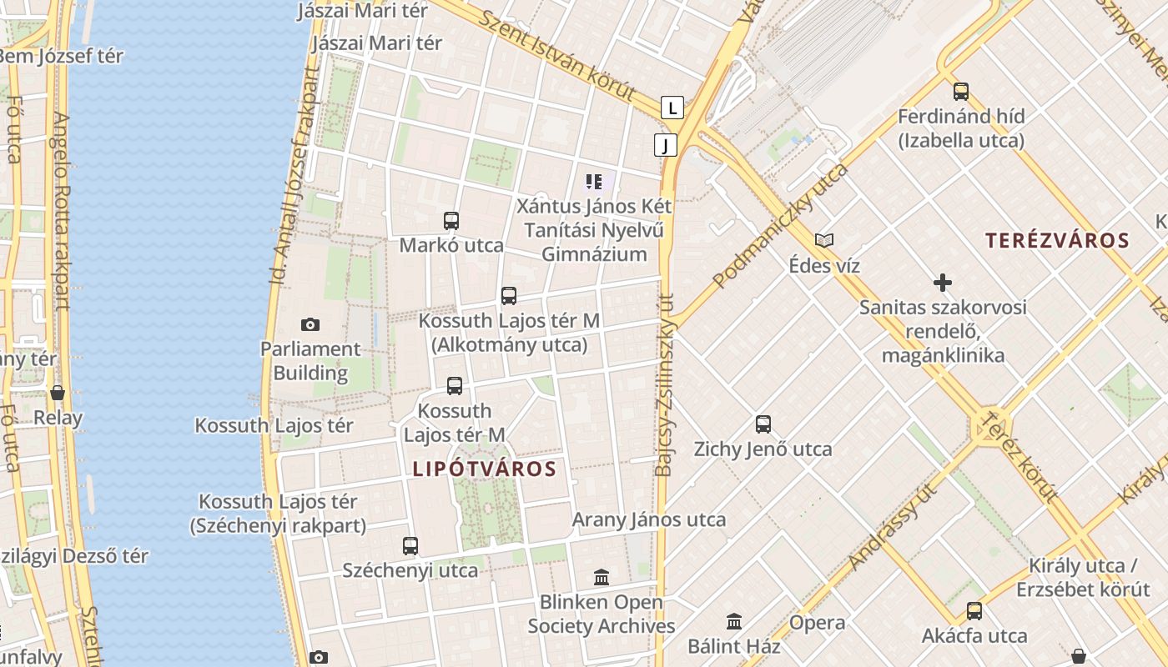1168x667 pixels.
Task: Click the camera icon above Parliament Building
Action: pyautogui.click(x=310, y=324)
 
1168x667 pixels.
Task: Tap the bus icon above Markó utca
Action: pyautogui.click(x=451, y=221)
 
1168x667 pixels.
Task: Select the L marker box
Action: pyautogui.click(x=672, y=108)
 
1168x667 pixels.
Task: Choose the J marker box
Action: pyautogui.click(x=665, y=145)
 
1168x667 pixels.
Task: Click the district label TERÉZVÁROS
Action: pyautogui.click(x=1057, y=241)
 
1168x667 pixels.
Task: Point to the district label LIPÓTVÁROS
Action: pyautogui.click(x=484, y=469)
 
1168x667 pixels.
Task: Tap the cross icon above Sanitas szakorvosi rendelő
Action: pyautogui.click(x=943, y=283)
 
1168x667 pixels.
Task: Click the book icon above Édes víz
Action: pyautogui.click(x=824, y=241)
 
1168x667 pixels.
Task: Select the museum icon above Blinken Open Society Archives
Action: pyautogui.click(x=602, y=577)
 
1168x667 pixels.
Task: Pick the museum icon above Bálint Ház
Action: pyautogui.click(x=734, y=621)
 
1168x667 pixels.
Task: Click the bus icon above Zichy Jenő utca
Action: pyautogui.click(x=763, y=424)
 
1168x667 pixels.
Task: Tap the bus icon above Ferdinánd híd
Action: pyautogui.click(x=961, y=92)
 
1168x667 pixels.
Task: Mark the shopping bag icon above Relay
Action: pyautogui.click(x=58, y=393)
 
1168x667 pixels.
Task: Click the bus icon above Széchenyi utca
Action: pyautogui.click(x=410, y=546)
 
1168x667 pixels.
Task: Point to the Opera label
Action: pyautogui.click(x=817, y=623)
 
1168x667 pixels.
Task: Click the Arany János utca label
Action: pyautogui.click(x=648, y=519)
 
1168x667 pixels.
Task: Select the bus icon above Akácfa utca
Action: pyautogui.click(x=974, y=611)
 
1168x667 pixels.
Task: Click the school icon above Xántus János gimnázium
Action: pyautogui.click(x=594, y=181)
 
